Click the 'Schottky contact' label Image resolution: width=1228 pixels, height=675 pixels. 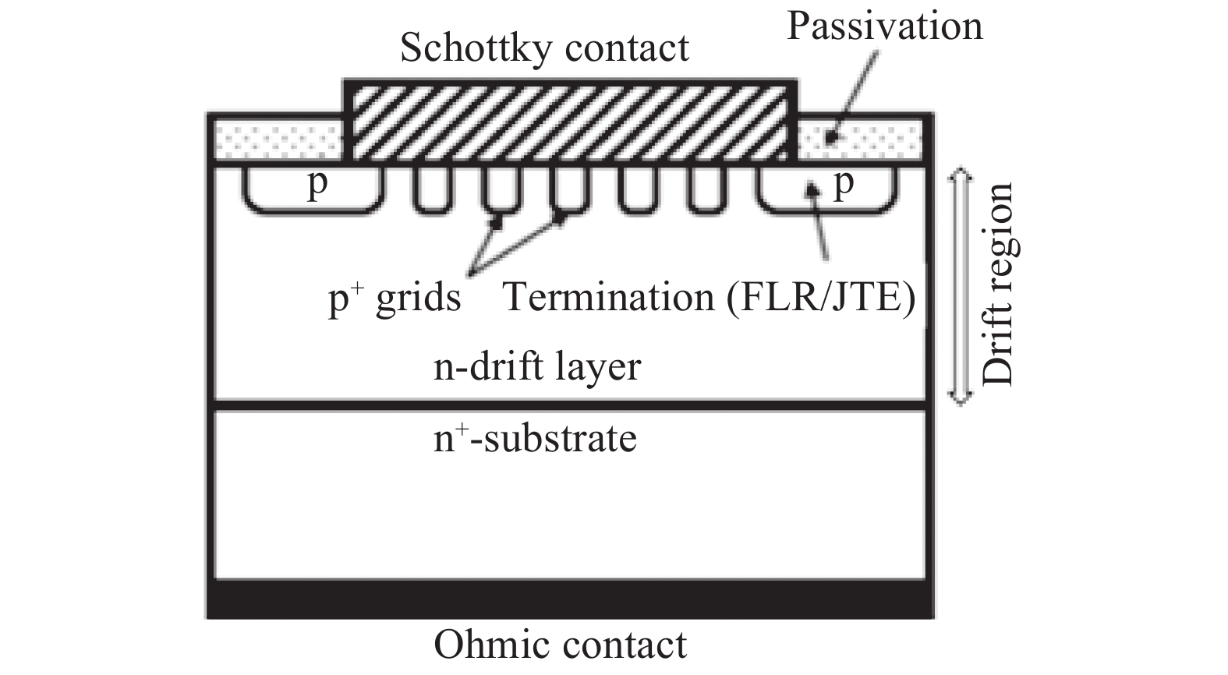(544, 48)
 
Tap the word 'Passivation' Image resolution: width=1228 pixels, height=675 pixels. (884, 26)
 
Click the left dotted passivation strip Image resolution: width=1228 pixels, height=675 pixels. (274, 140)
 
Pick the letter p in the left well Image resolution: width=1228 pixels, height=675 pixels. (316, 186)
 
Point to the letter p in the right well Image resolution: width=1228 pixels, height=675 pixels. (843, 186)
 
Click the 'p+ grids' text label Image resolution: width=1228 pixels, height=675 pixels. (395, 299)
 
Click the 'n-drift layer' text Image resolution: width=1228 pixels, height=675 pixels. (537, 366)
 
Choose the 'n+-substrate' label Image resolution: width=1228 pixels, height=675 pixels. (535, 438)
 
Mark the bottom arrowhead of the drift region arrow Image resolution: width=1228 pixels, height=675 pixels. (960, 399)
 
